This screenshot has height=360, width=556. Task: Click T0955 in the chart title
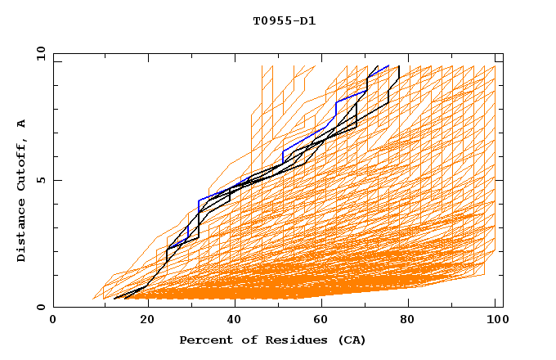click(x=269, y=21)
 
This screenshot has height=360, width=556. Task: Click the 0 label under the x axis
click(x=54, y=321)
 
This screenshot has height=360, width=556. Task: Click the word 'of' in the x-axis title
click(x=244, y=340)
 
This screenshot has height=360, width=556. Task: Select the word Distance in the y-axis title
click(x=22, y=232)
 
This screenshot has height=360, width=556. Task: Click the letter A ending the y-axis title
click(x=22, y=124)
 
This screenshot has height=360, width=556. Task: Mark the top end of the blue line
click(x=388, y=65)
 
